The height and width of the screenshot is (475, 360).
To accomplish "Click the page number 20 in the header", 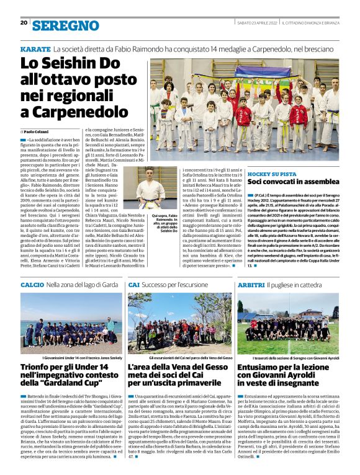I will pos(24,23).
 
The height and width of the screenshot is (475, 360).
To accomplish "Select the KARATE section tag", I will pos(35,48).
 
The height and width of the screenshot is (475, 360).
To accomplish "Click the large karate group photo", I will pos(244,110).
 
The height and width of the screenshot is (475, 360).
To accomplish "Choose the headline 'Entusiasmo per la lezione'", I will pos(287,376).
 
